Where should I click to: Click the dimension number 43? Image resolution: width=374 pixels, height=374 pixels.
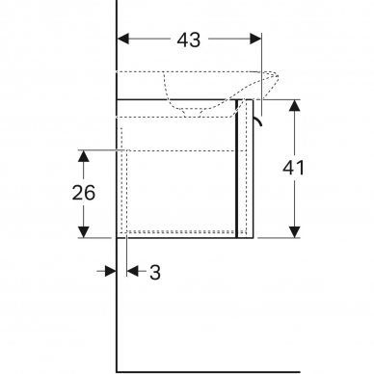(189, 40)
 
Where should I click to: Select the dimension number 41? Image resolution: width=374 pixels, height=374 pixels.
(293, 168)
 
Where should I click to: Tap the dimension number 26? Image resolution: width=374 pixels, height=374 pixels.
(84, 193)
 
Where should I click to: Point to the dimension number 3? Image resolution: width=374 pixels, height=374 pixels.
(155, 273)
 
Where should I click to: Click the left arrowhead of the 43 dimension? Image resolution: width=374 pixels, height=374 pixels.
(123, 39)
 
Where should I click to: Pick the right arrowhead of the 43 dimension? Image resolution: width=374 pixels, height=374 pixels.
(255, 39)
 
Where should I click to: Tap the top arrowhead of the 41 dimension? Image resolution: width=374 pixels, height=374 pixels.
(294, 106)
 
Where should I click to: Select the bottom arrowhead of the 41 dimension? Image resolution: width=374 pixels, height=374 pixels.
(294, 232)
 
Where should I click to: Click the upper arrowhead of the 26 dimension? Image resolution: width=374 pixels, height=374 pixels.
(84, 156)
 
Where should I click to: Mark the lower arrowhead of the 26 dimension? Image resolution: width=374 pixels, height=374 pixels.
(84, 232)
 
